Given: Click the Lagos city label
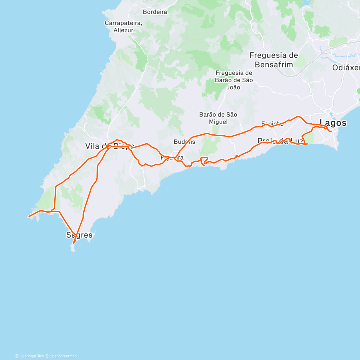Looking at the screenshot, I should pyautogui.click(x=333, y=123).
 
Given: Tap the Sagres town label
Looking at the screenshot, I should pyautogui.click(x=79, y=235).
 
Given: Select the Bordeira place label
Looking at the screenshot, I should pyautogui.click(x=155, y=12).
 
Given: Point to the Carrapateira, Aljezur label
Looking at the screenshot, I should pyautogui.click(x=123, y=26).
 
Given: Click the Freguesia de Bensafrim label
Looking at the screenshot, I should pyautogui.click(x=274, y=60).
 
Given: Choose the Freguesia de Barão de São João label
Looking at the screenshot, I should pyautogui.click(x=234, y=80).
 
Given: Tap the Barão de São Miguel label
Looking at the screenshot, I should pyautogui.click(x=218, y=118).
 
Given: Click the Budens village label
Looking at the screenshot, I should pyautogui.click(x=184, y=142).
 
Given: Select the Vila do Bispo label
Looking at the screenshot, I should pyautogui.click(x=109, y=146).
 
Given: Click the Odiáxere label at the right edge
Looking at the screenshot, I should pyautogui.click(x=346, y=68).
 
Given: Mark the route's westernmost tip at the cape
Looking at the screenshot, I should pyautogui.click(x=29, y=216).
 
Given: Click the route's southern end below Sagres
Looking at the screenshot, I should pyautogui.click(x=73, y=243).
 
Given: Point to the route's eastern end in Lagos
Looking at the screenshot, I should pyautogui.click(x=331, y=131).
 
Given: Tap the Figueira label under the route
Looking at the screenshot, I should pyautogui.click(x=172, y=158).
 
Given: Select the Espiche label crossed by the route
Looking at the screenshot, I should pyautogui.click(x=272, y=124).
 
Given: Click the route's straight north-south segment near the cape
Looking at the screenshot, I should pyautogui.click(x=55, y=198).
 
